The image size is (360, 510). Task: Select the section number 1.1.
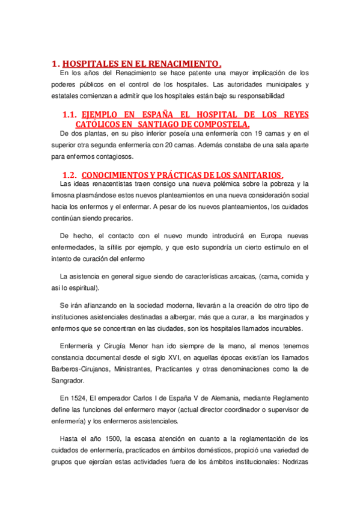pyautogui.click(x=70, y=114)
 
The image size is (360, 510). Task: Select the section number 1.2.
pyautogui.click(x=70, y=174)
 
